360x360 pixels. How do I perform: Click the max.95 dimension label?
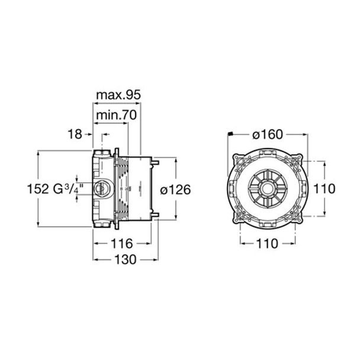pyautogui.click(x=118, y=95)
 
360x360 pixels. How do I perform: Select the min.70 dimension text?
pyautogui.click(x=117, y=115)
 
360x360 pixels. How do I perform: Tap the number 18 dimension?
pyautogui.click(x=75, y=134)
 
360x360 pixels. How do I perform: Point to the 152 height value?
pyautogui.click(x=38, y=189)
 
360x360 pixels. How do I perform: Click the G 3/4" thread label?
pyautogui.click(x=68, y=189)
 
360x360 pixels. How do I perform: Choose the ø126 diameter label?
pyautogui.click(x=176, y=189)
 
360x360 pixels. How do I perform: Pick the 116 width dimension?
pyautogui.click(x=122, y=243)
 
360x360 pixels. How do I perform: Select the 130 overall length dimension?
pyautogui.click(x=126, y=260)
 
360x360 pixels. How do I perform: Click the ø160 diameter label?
pyautogui.click(x=268, y=134)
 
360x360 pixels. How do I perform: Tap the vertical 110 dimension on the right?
pyautogui.click(x=324, y=189)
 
